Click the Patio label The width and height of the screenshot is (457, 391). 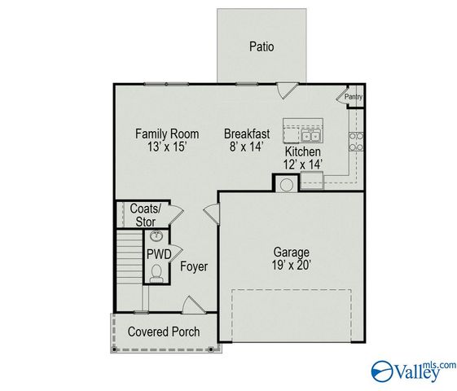(261, 46)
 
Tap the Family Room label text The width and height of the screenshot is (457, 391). (167, 134)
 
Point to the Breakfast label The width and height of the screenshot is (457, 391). (248, 134)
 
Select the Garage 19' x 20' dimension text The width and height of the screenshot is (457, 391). (291, 265)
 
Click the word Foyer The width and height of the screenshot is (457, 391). (194, 266)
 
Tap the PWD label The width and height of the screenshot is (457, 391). (159, 254)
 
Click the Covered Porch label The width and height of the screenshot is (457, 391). (164, 332)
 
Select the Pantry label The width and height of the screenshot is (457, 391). (353, 98)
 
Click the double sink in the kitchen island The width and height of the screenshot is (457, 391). (310, 135)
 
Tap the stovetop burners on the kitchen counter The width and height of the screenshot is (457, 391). (356, 143)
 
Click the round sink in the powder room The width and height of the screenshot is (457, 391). (157, 237)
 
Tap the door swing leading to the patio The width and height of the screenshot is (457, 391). (285, 90)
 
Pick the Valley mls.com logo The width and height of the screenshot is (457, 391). (413, 371)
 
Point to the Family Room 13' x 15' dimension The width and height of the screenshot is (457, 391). (167, 147)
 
